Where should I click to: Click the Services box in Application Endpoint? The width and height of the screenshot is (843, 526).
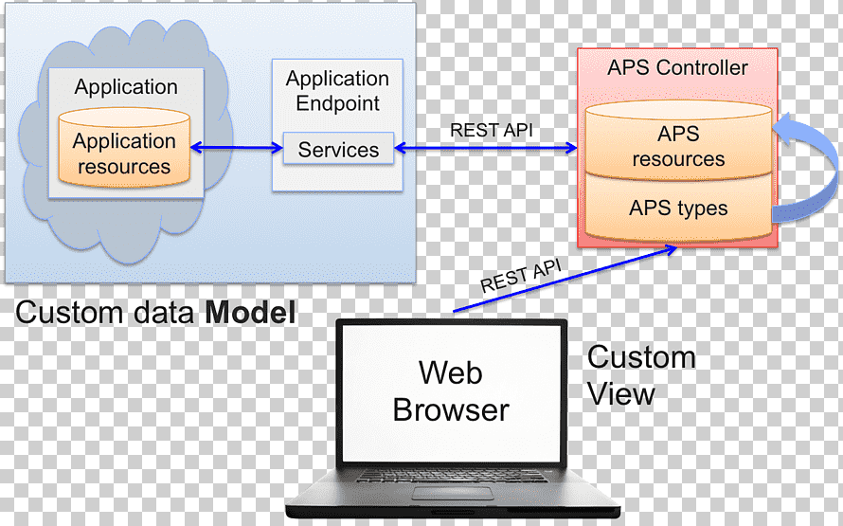pyautogui.click(x=338, y=149)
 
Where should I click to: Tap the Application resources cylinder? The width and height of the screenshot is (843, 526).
pyautogui.click(x=124, y=147)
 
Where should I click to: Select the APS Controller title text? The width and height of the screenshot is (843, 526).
pyautogui.click(x=677, y=68)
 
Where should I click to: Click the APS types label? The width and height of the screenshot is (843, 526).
pyautogui.click(x=678, y=209)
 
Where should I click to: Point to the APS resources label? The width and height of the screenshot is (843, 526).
pyautogui.click(x=678, y=146)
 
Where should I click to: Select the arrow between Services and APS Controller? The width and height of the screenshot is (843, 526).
pyautogui.click(x=486, y=148)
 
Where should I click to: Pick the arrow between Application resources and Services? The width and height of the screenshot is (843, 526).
pyautogui.click(x=237, y=147)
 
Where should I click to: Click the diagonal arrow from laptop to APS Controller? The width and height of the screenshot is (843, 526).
pyautogui.click(x=565, y=279)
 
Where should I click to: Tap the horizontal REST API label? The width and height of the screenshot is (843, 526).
pyautogui.click(x=492, y=130)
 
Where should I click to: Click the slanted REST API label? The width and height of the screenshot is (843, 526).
pyautogui.click(x=520, y=276)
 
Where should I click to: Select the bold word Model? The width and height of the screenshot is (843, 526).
pyautogui.click(x=251, y=313)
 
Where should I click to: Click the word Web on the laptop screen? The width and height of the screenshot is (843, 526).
pyautogui.click(x=451, y=372)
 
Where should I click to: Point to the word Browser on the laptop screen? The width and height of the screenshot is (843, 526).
pyautogui.click(x=451, y=409)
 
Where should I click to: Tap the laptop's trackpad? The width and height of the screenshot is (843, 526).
pyautogui.click(x=453, y=493)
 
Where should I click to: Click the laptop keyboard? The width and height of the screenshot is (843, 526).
pyautogui.click(x=452, y=476)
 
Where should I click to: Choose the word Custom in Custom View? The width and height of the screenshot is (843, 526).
pyautogui.click(x=641, y=357)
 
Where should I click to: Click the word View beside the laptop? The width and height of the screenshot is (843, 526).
pyautogui.click(x=621, y=393)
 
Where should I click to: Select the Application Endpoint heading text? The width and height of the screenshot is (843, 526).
pyautogui.click(x=337, y=90)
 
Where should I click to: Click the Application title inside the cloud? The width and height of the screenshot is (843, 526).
pyautogui.click(x=126, y=86)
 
